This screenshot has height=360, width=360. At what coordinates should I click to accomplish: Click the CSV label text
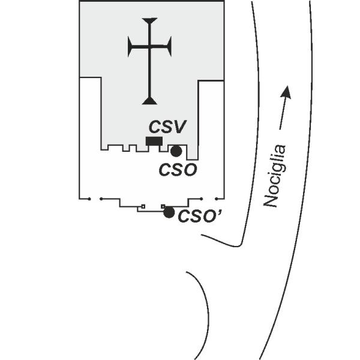tap(167, 127)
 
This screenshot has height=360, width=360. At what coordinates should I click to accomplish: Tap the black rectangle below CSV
tap(154, 141)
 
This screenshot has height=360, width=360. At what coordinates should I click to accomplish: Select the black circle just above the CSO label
tap(176, 151)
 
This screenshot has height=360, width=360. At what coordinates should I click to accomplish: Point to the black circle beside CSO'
tap(169, 212)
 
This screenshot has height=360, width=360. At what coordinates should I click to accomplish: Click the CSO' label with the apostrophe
tap(200, 216)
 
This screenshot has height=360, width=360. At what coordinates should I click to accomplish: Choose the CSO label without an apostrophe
tap(178, 170)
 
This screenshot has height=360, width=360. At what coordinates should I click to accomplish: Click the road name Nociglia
tap(275, 176)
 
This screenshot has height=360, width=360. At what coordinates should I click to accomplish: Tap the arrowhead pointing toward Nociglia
tap(287, 92)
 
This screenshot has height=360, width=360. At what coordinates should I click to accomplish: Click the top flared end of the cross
tap(149, 20)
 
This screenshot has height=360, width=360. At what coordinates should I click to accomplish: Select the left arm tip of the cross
tap(130, 47)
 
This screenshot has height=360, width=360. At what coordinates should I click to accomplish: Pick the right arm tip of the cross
tap(169, 47)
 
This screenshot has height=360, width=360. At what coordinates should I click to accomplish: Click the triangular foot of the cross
tap(149, 101)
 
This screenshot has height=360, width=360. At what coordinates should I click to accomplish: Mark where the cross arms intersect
tap(149, 47)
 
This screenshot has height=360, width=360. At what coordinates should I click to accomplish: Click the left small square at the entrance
tap(143, 206)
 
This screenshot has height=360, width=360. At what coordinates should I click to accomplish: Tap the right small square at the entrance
tap(163, 206)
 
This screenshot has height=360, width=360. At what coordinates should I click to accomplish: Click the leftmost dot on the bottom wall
tap(89, 199)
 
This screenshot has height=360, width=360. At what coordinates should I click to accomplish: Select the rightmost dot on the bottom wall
tap(216, 199)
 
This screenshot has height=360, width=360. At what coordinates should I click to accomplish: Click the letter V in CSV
tap(179, 127)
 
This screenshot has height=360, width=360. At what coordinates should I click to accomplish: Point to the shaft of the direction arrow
tap(284, 113)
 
